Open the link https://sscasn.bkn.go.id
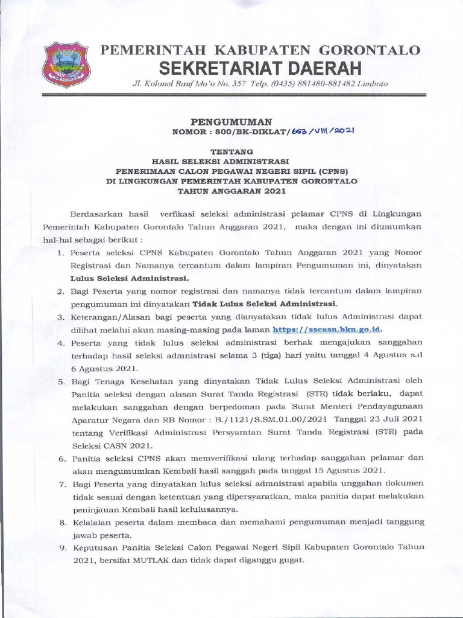pos(327,330)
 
